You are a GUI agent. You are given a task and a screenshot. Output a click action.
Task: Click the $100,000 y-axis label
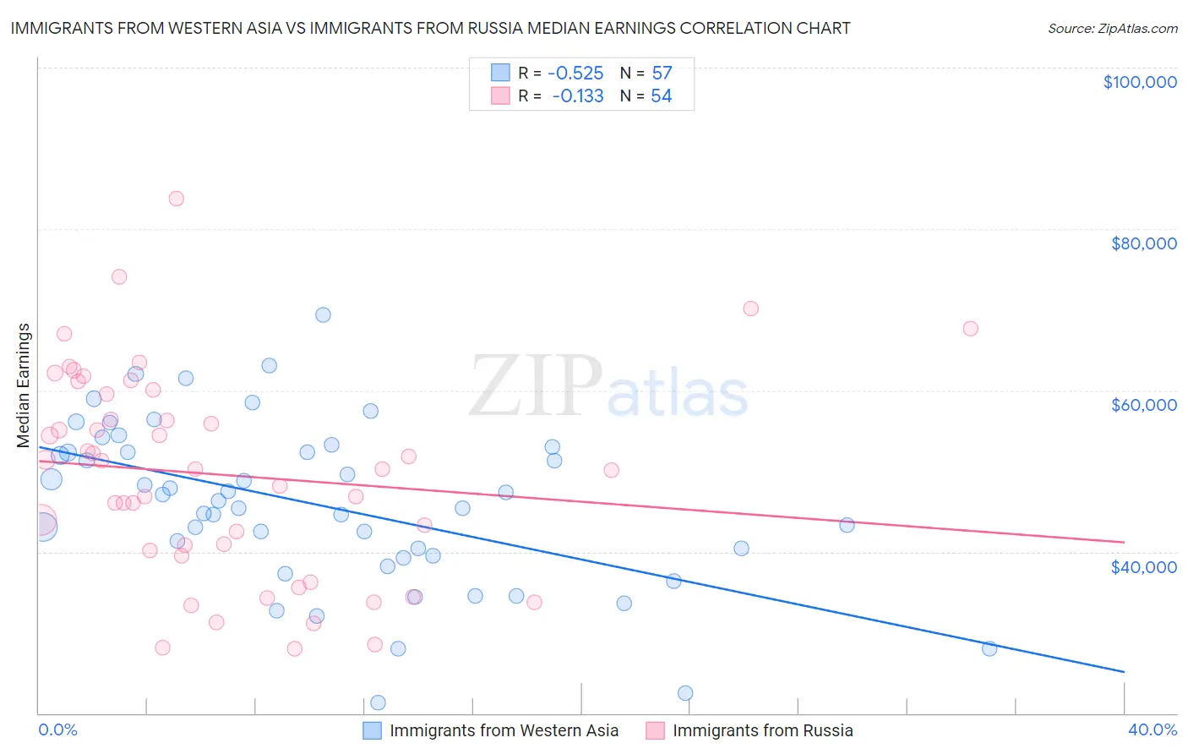pos(1139,82)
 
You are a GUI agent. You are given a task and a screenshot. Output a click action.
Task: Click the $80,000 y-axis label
pos(1143,243)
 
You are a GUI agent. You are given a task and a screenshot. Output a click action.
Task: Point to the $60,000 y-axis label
pos(1143,405)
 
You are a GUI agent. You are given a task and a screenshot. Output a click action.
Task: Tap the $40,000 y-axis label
pos(1143,566)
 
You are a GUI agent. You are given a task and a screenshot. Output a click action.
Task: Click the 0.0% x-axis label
pos(57,729)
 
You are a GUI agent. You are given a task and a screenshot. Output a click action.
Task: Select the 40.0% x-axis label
pos(1152,729)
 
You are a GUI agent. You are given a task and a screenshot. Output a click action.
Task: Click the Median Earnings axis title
pos(24,385)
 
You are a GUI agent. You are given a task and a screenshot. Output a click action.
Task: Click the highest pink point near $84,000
pos(176,199)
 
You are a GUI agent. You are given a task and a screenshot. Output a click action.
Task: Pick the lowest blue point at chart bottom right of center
pos(685,693)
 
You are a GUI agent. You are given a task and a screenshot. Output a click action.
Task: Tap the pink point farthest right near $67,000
pos(970,329)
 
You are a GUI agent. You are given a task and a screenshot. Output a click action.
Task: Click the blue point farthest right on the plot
pos(989,648)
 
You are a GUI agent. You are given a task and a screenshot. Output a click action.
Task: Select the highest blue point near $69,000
pos(323,314)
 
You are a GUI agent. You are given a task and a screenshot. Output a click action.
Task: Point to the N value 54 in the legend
pos(661,96)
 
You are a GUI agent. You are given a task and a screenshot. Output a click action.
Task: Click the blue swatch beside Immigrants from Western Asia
pos(372,730)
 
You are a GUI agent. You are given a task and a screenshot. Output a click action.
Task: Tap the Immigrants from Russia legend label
pos(762,730)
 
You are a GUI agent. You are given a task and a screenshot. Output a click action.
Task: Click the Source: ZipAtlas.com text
pos(1112,29)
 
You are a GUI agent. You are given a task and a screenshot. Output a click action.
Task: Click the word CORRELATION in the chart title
pos(749,28)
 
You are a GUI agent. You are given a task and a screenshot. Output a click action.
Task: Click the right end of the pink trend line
pos(1124,542)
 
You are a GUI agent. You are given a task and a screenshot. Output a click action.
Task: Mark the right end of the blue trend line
pos(1124,672)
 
